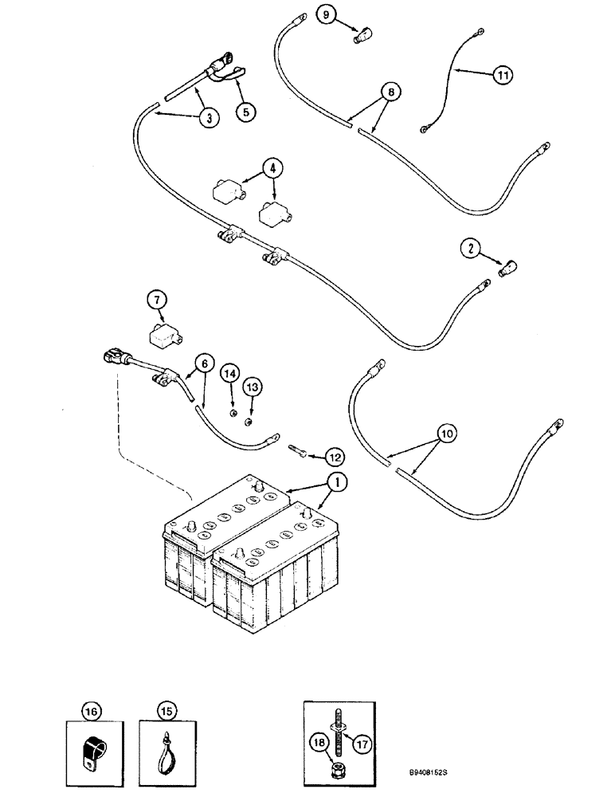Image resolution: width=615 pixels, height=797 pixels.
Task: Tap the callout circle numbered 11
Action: pyautogui.click(x=501, y=75)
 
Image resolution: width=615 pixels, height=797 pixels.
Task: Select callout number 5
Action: pyautogui.click(x=245, y=112)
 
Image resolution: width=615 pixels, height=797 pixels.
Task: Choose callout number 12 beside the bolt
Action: pyautogui.click(x=335, y=457)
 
